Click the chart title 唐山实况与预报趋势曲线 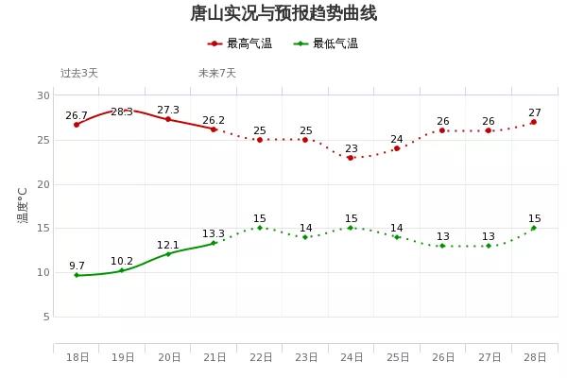coord(283,13)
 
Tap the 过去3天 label coord(79,73)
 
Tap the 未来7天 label coord(217,73)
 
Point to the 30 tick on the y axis coord(44,95)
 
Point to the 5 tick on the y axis coord(46,317)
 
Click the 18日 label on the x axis coord(77,357)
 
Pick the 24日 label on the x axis coord(352,357)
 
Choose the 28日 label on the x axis coord(534,357)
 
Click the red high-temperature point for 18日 coord(77,125)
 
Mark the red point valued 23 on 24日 coord(351,158)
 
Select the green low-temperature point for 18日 coord(77,275)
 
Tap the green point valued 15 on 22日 coord(260,228)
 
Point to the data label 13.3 coord(214,233)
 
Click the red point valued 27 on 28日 coord(534,122)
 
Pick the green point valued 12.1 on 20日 coord(168,253)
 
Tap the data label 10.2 coord(122,261)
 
